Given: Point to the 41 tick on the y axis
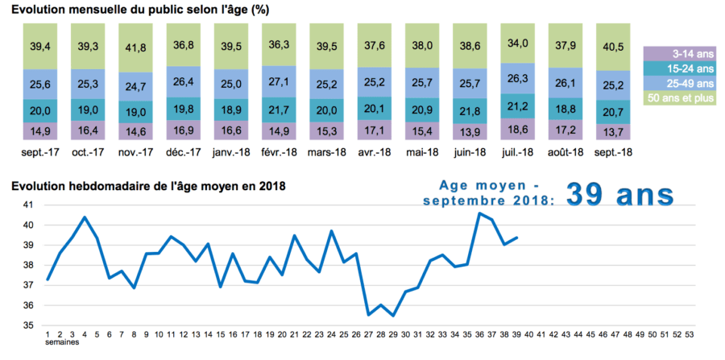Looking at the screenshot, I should (27, 205).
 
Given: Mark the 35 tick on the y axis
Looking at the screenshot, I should (27, 325).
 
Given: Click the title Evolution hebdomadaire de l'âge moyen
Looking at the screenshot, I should (148, 187).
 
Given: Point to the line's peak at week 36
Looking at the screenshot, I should (479, 213).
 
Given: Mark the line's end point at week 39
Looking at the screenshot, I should (516, 238).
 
